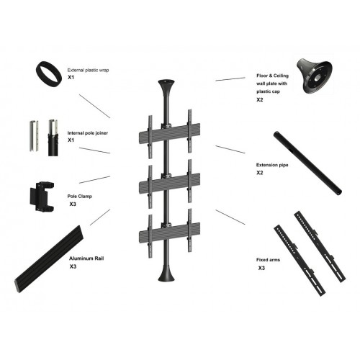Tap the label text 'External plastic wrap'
[x=89, y=63]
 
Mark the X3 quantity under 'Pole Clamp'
[x=73, y=204]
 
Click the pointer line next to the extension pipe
[x=230, y=150]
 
